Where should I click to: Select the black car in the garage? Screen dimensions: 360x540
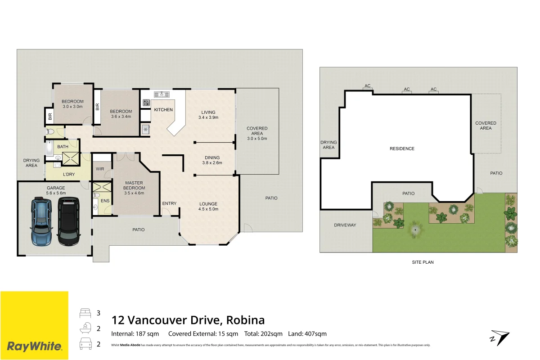tap(68, 222)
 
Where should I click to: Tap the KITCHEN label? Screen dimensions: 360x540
tap(163, 110)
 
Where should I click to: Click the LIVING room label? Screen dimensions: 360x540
tap(208, 112)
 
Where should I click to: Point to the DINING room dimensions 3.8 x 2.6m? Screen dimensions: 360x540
tap(212, 163)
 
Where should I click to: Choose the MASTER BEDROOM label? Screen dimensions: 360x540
tap(134, 185)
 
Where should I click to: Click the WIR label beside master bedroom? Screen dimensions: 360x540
tap(100, 169)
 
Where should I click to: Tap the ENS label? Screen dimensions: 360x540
tap(105, 200)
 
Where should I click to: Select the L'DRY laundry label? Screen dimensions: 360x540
tap(69, 174)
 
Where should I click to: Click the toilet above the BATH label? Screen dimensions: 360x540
tap(50, 132)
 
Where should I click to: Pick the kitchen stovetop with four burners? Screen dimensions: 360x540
tap(146, 103)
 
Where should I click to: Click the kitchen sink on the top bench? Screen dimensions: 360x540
tap(161, 94)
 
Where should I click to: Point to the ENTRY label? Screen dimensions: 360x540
tap(169, 203)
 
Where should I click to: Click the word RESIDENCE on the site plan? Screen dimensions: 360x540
tap(402, 148)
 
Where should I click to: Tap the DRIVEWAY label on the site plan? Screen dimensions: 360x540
tap(345, 225)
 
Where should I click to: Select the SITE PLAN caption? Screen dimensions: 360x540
tap(423, 262)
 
